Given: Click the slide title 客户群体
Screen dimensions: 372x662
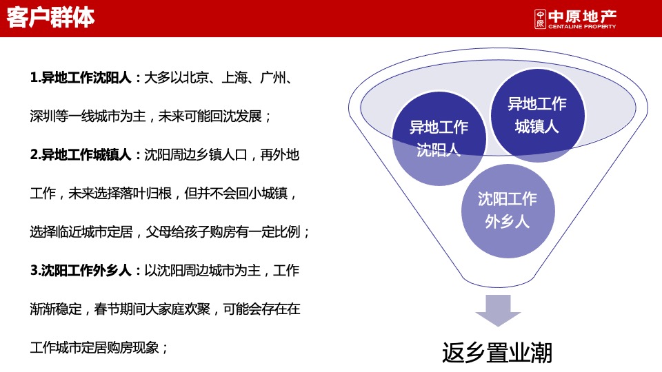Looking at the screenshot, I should [x=51, y=18].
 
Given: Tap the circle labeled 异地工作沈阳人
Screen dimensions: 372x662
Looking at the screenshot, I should [x=439, y=138].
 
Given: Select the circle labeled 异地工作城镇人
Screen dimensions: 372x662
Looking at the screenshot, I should [x=537, y=115].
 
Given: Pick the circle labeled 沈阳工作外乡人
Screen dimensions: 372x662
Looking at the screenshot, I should [x=507, y=210].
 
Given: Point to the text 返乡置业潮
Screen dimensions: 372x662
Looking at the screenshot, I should [x=496, y=352].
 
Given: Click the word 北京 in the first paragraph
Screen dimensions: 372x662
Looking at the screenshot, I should [x=190, y=78].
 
